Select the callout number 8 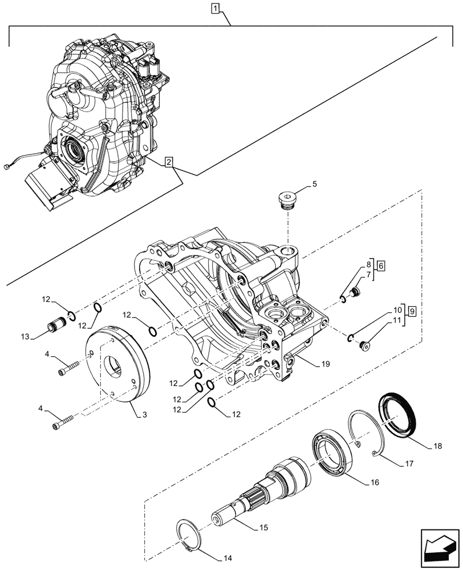point(369,264)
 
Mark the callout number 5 point(314,185)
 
